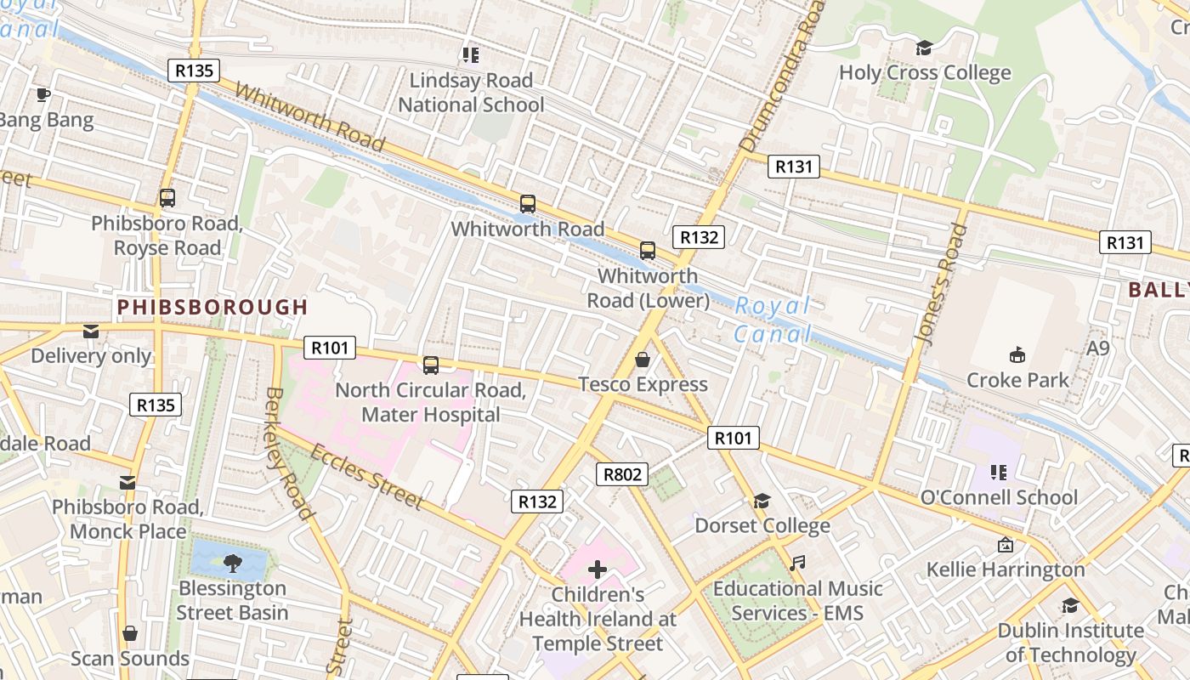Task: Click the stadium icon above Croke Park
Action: [x=1017, y=354]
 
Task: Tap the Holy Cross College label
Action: [x=925, y=73]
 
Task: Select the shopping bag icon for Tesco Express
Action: [x=643, y=360]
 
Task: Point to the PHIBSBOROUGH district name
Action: [x=212, y=307]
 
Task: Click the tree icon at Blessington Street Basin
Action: [x=232, y=561]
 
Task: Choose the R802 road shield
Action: [x=622, y=473]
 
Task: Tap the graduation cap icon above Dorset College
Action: [x=762, y=501]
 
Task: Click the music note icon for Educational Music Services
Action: [x=796, y=563]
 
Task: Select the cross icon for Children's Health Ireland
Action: [x=598, y=569]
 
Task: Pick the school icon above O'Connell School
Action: [x=999, y=472]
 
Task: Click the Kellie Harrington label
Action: [x=1006, y=569]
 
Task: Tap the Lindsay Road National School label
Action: [x=471, y=93]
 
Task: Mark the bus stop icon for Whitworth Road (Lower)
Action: [x=648, y=251]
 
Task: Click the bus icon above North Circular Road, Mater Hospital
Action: [x=431, y=365]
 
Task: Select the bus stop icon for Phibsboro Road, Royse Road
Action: [x=167, y=198]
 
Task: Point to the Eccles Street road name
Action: [x=366, y=476]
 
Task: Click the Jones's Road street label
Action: [x=942, y=284]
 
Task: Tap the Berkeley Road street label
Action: [x=288, y=452]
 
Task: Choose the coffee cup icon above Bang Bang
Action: [x=43, y=94]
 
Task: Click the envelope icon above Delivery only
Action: [x=91, y=331]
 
